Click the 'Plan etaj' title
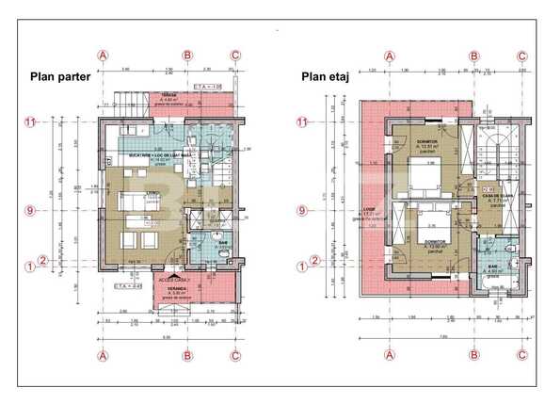[x=325, y=77]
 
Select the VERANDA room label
[x=179, y=290]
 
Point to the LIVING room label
[x=151, y=194]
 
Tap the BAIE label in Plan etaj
[x=492, y=267]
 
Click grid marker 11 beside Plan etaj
[x=302, y=121]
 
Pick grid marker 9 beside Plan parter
[x=29, y=211]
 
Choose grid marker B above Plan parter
[x=187, y=55]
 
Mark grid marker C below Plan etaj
[x=521, y=355]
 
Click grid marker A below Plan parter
[x=103, y=355]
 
